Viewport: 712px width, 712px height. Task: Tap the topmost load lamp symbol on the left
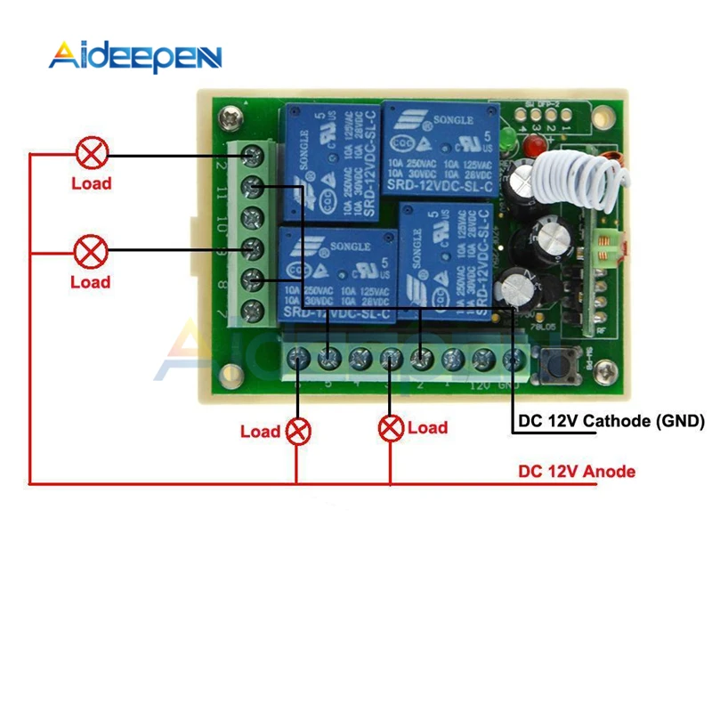click(90, 153)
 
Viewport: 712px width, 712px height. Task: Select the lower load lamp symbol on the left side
click(90, 252)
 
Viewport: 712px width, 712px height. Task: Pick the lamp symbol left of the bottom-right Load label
click(390, 428)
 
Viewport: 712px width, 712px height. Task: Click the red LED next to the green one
click(534, 145)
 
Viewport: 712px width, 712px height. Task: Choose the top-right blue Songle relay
click(438, 149)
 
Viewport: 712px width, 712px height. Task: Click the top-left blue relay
click(331, 165)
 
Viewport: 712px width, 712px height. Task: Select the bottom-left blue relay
click(338, 271)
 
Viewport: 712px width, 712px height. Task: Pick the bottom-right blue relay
click(445, 258)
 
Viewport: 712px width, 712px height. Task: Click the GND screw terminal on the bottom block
click(514, 358)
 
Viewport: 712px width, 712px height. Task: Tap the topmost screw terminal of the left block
click(255, 157)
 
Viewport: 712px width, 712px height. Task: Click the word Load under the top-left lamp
click(92, 183)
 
